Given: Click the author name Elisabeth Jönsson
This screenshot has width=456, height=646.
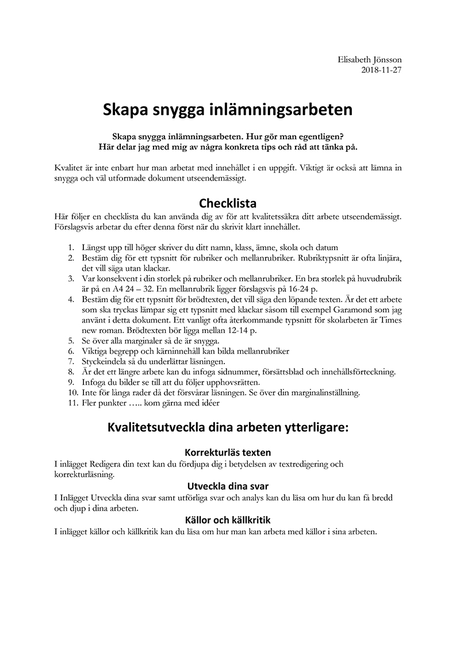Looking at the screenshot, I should coord(370,60).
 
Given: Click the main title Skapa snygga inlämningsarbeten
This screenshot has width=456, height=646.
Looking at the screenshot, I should coord(228,109).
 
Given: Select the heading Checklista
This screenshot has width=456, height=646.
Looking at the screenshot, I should coord(228,203).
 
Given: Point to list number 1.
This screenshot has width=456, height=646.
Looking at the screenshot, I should coord(71,247).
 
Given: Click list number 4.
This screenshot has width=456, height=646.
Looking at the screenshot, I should coord(71,300).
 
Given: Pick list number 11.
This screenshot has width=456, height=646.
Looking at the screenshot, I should coord(72,403).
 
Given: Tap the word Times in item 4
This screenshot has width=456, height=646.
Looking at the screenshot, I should coord(390,321).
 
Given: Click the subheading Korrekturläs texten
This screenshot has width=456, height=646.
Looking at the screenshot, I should coord(228,453).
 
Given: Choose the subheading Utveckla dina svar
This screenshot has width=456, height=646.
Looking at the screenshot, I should coord(228,486).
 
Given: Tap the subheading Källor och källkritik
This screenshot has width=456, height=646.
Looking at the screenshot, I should coord(228,520).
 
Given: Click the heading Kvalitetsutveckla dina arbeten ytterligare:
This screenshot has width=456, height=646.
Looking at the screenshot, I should coord(228,429).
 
